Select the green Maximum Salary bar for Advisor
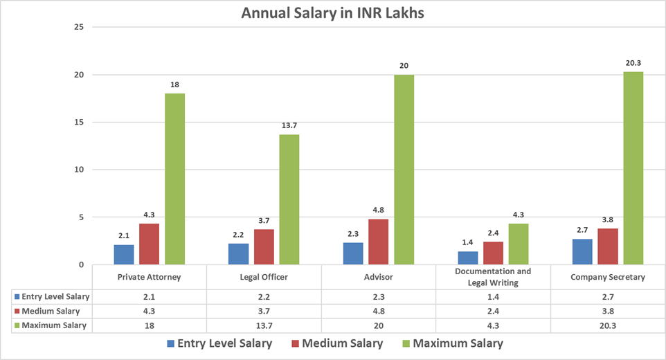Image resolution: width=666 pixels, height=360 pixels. click(404, 170)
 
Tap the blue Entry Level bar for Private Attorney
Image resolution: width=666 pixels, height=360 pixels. click(124, 254)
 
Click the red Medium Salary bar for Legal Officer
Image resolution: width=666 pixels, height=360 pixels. click(264, 246)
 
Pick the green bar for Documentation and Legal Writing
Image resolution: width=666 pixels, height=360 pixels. click(519, 244)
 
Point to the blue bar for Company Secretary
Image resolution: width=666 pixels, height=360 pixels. click(582, 251)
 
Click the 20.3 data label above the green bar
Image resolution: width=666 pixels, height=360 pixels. click(633, 63)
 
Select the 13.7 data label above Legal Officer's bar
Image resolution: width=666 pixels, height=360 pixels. click(289, 126)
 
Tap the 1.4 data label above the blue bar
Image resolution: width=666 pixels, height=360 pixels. click(467, 243)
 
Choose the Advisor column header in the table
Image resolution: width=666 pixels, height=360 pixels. click(379, 278)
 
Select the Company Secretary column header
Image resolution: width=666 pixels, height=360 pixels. click(608, 278)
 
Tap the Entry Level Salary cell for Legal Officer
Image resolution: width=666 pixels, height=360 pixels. click(264, 296)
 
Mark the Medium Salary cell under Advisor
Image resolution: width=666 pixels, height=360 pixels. click(379, 311)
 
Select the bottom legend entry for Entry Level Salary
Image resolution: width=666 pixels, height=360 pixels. click(218, 343)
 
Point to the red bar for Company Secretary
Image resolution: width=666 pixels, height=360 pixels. click(608, 246)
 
